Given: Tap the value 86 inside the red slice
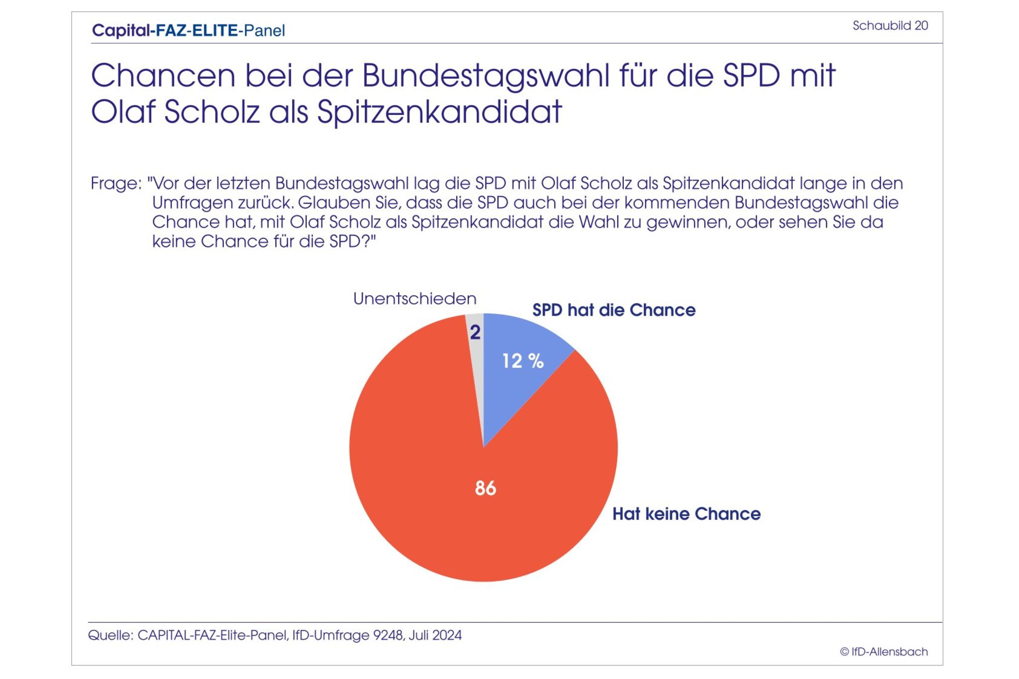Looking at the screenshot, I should coord(485,488).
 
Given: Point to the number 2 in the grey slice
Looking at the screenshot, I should coord(475,333).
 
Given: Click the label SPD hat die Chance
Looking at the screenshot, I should coord(613,310).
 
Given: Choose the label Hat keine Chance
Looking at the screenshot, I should coord(686,514).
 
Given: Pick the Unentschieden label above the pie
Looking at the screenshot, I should coord(414,299).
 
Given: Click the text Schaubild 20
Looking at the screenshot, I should coord(890,26).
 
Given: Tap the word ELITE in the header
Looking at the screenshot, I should coord(215,31).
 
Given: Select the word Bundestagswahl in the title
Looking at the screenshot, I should coord(486,76).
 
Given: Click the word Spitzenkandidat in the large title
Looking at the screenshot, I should coord(439,112).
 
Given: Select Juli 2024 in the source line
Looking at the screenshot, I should coord(435,636).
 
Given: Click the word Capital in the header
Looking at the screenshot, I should coord(121,31).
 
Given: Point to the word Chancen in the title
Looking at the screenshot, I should coord(163,76).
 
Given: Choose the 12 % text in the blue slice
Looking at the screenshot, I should coord(522,361).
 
